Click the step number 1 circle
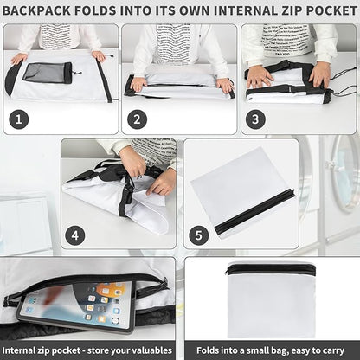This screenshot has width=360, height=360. click(19, 119)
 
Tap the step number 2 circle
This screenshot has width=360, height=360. click(137, 119)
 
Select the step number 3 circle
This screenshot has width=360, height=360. click(255, 119)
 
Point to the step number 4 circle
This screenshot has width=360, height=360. click(75, 235)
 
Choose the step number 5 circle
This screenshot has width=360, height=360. click(199, 235)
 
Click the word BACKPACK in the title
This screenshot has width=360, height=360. click(36, 11)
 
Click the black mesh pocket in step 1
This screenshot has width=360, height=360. click(47, 73)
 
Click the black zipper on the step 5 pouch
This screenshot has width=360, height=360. click(254, 209)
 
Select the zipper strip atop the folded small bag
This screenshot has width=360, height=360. click(271, 270)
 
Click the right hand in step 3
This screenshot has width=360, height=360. click(319, 75)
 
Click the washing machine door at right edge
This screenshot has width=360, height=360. click(345, 172)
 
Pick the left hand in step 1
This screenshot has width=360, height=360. click(19, 59)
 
